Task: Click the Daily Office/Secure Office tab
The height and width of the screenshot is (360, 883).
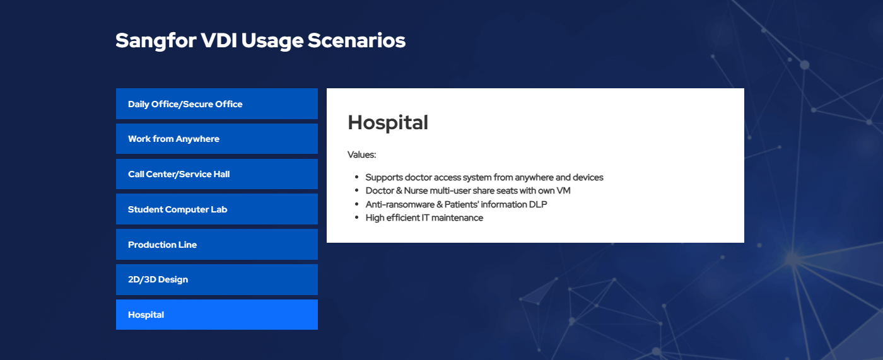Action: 217,103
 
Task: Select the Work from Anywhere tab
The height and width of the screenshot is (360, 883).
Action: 217,139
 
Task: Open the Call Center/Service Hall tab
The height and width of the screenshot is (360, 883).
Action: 217,174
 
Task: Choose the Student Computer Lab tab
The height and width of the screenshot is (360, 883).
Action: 217,209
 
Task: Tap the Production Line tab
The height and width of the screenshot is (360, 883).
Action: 217,244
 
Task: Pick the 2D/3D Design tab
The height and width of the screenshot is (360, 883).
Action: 217,279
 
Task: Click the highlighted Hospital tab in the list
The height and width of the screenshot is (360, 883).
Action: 217,315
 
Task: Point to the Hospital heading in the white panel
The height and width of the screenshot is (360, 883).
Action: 388,123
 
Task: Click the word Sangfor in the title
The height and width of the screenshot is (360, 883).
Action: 156,41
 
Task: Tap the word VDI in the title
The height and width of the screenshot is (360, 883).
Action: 219,40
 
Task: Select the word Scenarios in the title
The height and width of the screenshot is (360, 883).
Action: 356,40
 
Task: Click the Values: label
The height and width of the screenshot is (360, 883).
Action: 361,154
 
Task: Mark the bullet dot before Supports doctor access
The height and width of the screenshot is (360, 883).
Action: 357,177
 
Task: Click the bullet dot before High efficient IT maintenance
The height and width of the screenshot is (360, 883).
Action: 357,218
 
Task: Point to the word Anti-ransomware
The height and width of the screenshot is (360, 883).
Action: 400,204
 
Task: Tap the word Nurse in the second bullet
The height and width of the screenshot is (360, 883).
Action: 416,190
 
